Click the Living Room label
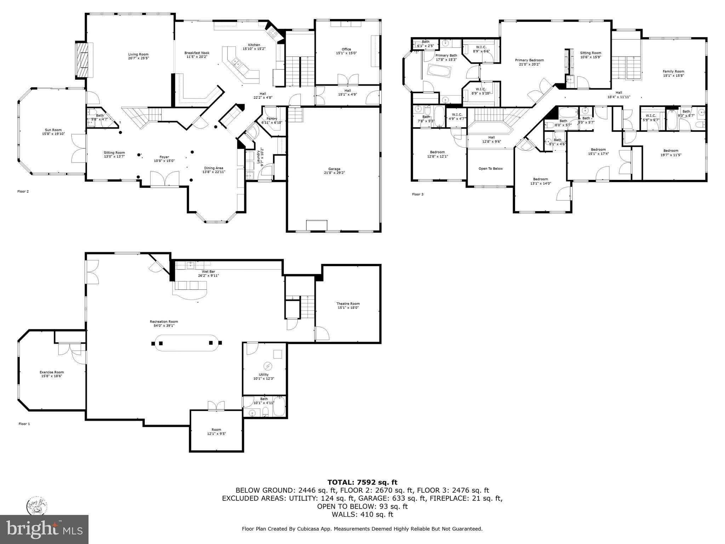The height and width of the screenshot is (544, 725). click(x=138, y=55)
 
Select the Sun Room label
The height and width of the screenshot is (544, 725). click(x=53, y=130)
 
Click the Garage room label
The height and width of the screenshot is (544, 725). click(x=334, y=169)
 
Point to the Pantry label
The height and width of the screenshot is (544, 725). click(x=272, y=119)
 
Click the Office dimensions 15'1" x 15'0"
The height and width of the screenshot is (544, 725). click(x=346, y=53)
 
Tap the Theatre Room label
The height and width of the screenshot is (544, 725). click(x=348, y=304)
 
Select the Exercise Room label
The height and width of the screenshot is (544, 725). click(x=52, y=372)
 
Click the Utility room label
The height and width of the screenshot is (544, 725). click(x=263, y=374)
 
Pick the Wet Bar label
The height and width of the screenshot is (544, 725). click(x=208, y=271)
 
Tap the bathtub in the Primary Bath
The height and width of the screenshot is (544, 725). click(x=439, y=71)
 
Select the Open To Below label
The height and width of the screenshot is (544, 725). click(x=490, y=169)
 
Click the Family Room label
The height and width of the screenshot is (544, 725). click(x=673, y=72)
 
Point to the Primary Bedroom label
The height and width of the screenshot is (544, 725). click(x=529, y=60)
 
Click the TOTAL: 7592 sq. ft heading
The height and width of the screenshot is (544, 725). click(x=362, y=482)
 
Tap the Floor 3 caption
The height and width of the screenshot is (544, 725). click(x=417, y=194)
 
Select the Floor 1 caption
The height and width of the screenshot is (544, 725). click(x=24, y=424)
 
